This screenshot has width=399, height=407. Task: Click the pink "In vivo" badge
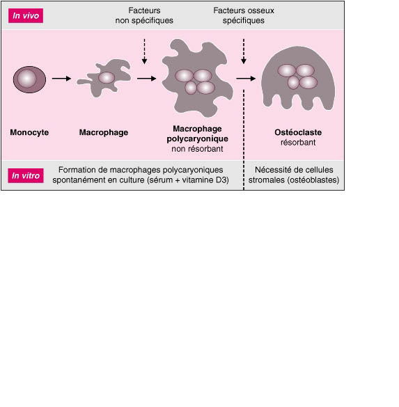(26, 15)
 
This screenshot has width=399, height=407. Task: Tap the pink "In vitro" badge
(26, 175)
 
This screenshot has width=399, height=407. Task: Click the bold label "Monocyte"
(29, 132)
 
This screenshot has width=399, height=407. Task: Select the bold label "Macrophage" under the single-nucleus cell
(104, 132)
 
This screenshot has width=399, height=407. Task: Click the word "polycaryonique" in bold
(198, 139)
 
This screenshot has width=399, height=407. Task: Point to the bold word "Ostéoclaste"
(298, 132)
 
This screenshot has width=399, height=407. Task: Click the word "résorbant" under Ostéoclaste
(298, 142)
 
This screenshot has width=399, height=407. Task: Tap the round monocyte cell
(29, 79)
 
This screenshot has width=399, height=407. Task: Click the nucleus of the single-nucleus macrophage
(107, 77)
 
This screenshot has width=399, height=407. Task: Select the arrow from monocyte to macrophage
(61, 79)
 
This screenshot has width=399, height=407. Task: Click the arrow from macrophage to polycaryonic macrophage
(146, 79)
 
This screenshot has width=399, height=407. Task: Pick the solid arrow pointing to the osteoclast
(246, 79)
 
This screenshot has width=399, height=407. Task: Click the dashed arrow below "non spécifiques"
(144, 51)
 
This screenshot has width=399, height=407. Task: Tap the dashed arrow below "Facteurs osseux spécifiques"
(244, 51)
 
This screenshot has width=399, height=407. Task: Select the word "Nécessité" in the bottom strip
(270, 170)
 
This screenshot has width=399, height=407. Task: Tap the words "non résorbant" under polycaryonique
(197, 149)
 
